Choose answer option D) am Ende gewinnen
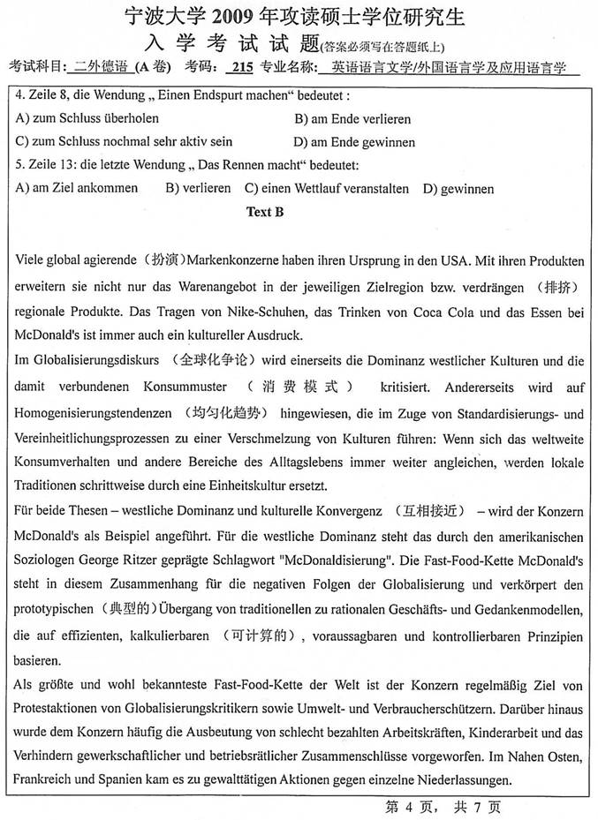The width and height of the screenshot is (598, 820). pos(354,141)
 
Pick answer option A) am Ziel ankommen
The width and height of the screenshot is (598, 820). pos(77,188)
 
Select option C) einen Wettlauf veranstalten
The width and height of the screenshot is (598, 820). pos(327,188)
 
